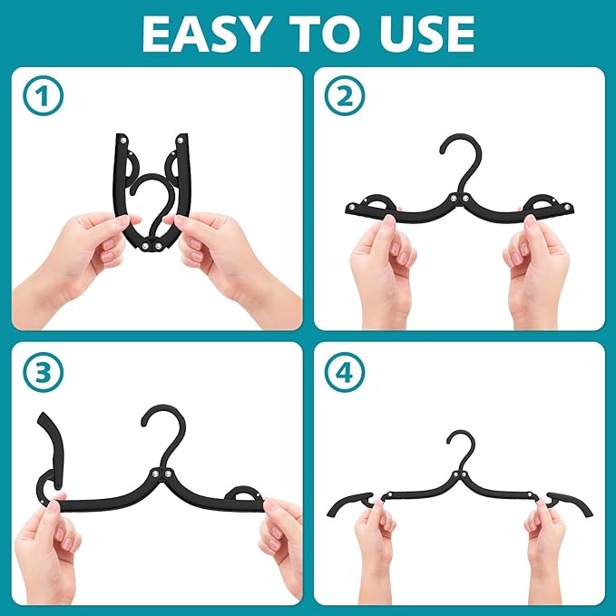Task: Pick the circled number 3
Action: (x=40, y=372)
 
